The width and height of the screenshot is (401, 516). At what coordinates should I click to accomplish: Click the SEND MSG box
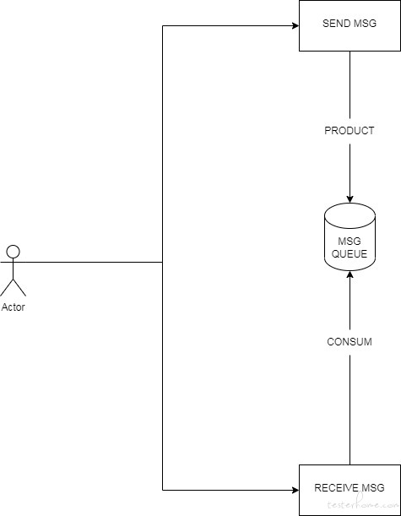(350, 25)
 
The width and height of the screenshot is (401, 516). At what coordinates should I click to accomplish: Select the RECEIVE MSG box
(350, 490)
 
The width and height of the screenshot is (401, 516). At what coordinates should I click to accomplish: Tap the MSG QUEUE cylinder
(350, 236)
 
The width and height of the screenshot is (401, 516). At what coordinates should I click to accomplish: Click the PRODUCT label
(349, 131)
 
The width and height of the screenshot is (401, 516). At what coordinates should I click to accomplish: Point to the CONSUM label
(350, 341)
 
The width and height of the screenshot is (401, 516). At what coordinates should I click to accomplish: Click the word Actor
(14, 307)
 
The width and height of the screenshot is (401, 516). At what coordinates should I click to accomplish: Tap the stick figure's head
(14, 252)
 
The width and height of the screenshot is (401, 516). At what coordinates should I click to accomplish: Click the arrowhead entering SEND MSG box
(295, 25)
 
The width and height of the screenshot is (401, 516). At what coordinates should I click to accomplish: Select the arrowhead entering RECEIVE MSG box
(295, 490)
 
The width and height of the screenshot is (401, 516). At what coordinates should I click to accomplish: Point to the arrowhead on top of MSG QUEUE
(350, 198)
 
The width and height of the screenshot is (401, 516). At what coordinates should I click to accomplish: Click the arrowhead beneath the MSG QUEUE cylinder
(350, 274)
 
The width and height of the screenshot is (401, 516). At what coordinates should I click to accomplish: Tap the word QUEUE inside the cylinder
(349, 254)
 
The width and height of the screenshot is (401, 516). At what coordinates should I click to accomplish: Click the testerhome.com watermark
(363, 504)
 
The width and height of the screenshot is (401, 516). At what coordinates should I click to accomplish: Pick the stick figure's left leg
(7, 287)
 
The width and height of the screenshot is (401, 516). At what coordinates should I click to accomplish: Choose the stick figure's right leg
(19, 287)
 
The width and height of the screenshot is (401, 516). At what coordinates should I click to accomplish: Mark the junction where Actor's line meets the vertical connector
(162, 263)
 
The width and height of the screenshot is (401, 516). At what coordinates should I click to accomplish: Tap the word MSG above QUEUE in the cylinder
(349, 242)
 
